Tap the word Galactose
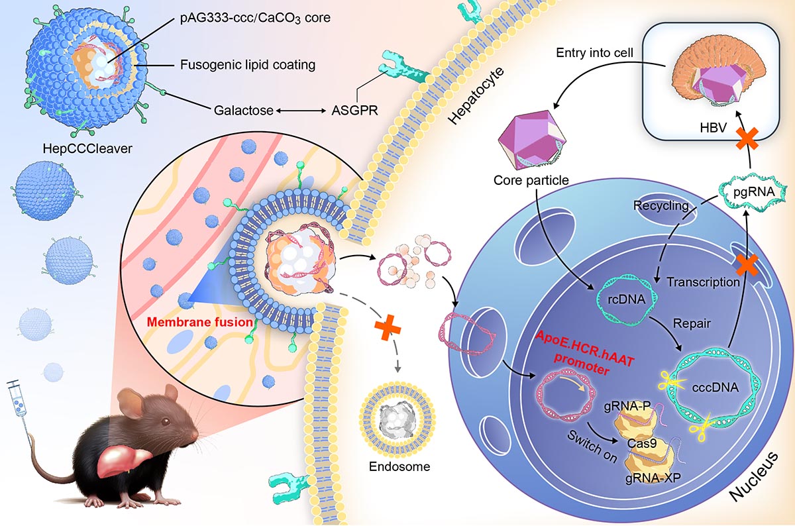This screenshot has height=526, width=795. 243,111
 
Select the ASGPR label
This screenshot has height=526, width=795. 354,111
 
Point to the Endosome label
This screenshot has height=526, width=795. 397,466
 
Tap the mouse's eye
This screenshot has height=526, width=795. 174,417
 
